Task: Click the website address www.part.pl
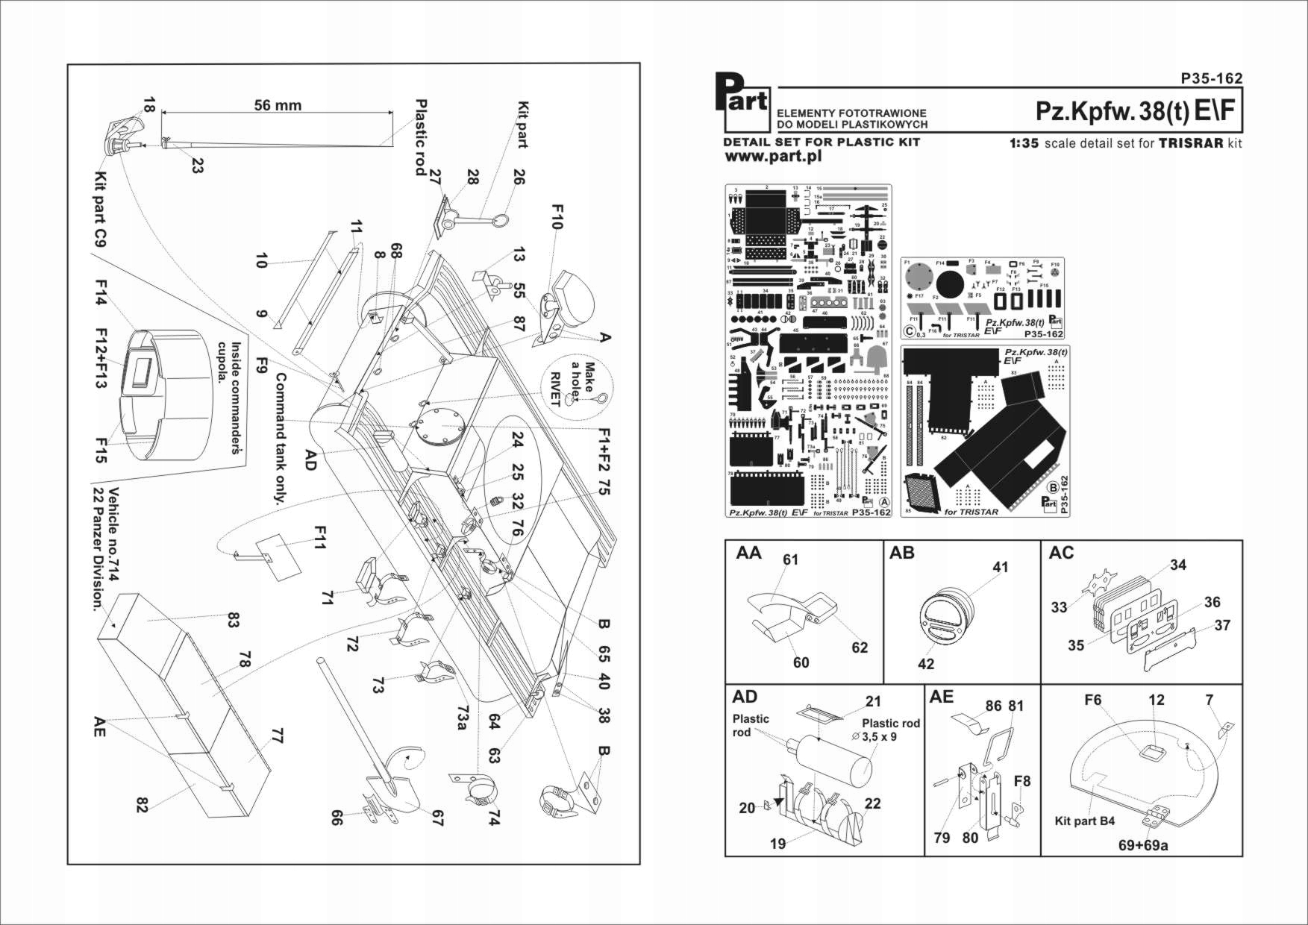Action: [773, 157]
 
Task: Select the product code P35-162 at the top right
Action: [1212, 78]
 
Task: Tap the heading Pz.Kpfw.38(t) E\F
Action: [1135, 111]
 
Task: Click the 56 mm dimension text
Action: [278, 105]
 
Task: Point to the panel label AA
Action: [748, 554]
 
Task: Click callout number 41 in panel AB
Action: [1000, 567]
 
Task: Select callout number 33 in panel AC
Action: [1059, 607]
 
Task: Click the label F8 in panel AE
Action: [1021, 781]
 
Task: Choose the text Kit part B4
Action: [1084, 821]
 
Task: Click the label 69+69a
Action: [1142, 846]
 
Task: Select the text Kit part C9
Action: [101, 210]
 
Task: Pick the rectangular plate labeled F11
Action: [279, 557]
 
